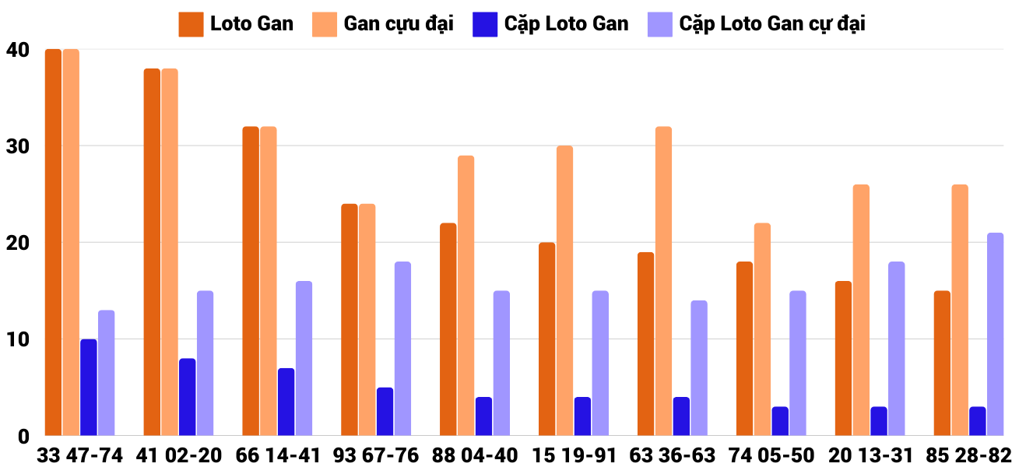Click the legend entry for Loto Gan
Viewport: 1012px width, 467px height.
click(x=237, y=24)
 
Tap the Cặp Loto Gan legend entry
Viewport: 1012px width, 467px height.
click(x=551, y=24)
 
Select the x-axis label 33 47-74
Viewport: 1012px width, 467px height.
click(x=79, y=455)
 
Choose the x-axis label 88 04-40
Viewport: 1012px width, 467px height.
click(x=475, y=455)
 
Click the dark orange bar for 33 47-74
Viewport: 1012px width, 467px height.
click(x=53, y=242)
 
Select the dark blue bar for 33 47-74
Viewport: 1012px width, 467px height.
click(x=89, y=388)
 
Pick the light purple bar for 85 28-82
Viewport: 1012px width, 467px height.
click(x=995, y=335)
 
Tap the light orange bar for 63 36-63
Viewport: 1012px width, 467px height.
click(x=663, y=281)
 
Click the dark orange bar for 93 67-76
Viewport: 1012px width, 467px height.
click(x=350, y=320)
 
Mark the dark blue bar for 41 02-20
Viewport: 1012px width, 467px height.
click(x=188, y=397)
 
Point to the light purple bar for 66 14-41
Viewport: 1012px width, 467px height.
click(x=304, y=359)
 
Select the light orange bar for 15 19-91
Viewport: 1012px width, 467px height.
click(x=564, y=291)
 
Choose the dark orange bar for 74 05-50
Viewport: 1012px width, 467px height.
click(x=744, y=349)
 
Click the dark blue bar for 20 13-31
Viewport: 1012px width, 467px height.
click(x=879, y=421)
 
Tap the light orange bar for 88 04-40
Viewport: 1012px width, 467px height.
click(x=466, y=296)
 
